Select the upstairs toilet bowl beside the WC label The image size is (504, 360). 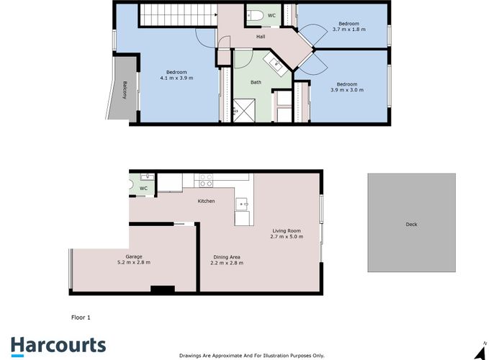[256, 14]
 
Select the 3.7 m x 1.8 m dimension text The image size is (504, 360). [348, 30]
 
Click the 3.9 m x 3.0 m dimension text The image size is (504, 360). [346, 90]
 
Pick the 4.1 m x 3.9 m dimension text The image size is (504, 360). [176, 77]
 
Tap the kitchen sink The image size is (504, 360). [243, 204]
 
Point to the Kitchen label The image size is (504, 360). [207, 201]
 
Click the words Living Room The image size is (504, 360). [285, 230]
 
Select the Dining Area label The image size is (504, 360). [227, 257]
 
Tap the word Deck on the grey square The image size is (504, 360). [411, 225]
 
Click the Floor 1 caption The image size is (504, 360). [81, 317]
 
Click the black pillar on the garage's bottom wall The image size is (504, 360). [163, 289]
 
